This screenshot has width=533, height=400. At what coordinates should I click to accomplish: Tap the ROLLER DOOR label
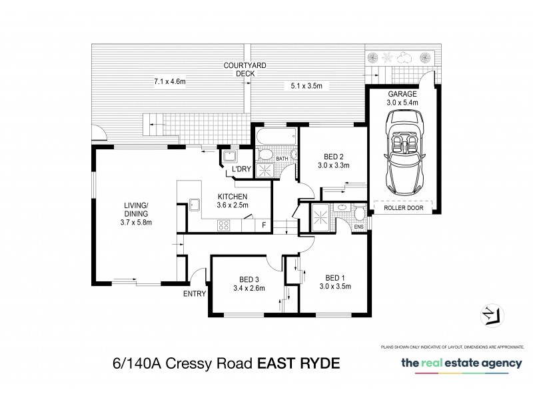402,207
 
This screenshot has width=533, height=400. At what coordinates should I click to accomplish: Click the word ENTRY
193,293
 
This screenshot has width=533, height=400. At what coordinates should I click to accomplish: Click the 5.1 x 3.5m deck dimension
306,85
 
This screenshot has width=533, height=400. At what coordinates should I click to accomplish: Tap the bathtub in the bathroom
274,136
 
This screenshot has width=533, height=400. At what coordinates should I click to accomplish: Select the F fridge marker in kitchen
264,225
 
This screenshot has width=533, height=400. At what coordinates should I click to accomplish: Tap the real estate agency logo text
461,364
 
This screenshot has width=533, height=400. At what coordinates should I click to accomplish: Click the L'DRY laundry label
241,169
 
